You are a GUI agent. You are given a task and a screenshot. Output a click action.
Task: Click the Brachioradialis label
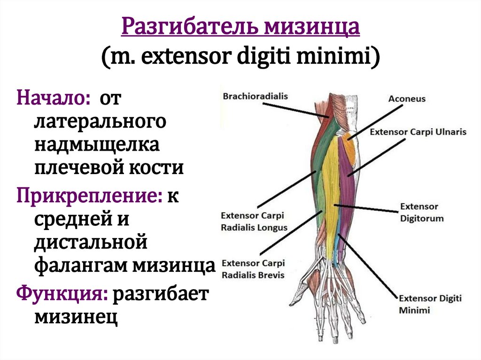(255, 96)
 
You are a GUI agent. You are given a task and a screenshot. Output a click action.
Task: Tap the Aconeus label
(407, 99)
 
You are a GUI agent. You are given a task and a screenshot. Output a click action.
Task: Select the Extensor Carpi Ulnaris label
(418, 132)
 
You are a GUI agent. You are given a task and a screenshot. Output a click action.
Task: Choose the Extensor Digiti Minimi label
(430, 304)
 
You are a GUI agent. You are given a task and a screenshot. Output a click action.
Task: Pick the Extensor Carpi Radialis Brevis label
(253, 269)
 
